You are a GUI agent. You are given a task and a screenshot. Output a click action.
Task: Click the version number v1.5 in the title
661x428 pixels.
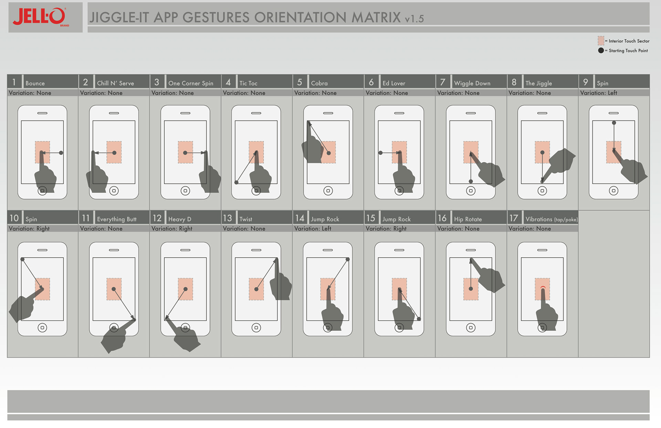tap(414, 19)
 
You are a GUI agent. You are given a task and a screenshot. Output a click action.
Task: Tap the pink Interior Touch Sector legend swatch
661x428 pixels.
tap(601, 41)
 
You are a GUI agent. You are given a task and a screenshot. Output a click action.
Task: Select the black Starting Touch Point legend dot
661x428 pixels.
tap(601, 50)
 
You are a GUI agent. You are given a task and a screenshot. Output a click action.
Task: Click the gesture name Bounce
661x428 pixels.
tap(35, 83)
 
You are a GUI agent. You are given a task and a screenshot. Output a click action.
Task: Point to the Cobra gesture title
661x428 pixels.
tap(319, 83)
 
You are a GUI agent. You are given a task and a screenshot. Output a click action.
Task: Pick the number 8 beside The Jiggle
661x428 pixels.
tap(514, 82)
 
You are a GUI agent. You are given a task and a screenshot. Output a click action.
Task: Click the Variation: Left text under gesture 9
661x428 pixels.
tap(598, 93)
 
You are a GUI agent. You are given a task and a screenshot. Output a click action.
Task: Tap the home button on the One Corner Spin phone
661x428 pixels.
tap(185, 191)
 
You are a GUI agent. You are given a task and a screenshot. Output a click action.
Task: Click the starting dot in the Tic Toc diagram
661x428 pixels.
tap(237, 182)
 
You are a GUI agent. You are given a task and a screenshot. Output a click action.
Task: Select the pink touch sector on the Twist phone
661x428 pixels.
tap(256, 289)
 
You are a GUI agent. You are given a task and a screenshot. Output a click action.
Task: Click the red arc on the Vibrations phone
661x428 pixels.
tap(543, 287)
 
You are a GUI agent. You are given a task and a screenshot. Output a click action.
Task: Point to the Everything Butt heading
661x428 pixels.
tap(117, 219)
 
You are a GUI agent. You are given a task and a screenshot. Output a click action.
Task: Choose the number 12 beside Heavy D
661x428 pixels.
tap(157, 218)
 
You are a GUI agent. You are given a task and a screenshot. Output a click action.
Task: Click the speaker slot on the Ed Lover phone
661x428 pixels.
tap(399, 113)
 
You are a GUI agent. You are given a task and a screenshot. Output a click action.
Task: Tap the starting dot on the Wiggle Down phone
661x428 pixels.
tap(471, 181)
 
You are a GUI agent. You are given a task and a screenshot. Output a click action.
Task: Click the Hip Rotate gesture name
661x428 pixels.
tap(468, 219)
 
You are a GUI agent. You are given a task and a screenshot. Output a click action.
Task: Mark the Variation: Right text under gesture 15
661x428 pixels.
tap(386, 228)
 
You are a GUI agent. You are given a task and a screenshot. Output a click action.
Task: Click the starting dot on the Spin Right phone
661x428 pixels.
tap(22, 259)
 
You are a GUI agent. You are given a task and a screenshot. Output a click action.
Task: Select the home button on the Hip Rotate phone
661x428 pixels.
tap(471, 328)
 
